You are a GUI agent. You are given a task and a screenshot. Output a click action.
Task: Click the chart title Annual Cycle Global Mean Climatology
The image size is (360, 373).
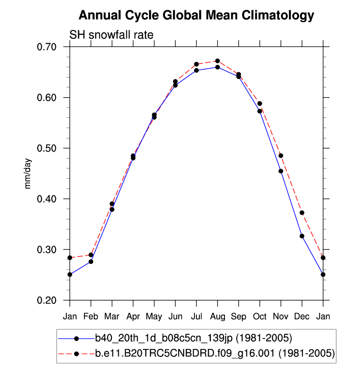pyautogui.click(x=196, y=15)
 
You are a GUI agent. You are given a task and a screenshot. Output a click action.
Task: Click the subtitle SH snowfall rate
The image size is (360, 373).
pyautogui.click(x=111, y=35)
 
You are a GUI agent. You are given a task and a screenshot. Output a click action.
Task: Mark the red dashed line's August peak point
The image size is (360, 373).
pyautogui.click(x=218, y=61)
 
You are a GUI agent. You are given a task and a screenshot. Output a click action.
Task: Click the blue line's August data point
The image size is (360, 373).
pyautogui.click(x=218, y=67)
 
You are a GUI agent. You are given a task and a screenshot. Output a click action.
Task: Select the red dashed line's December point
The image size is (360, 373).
pyautogui.click(x=302, y=213)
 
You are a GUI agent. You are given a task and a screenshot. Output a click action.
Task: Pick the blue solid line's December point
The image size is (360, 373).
pyautogui.click(x=302, y=236)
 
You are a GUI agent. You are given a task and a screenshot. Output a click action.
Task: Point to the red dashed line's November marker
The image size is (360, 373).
pyautogui.click(x=281, y=156)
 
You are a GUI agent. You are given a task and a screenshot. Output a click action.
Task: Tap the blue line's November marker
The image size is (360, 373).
pyautogui.click(x=281, y=171)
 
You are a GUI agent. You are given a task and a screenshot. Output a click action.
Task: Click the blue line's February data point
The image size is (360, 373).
pyautogui.click(x=91, y=262)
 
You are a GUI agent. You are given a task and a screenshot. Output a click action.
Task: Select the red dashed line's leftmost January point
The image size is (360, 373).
pyautogui.click(x=70, y=258)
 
